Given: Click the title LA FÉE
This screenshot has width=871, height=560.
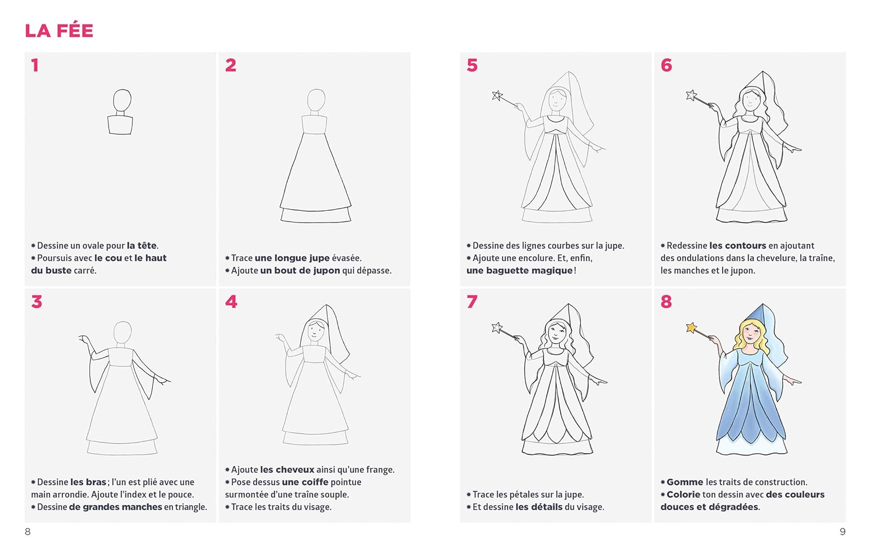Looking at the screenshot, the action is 59,31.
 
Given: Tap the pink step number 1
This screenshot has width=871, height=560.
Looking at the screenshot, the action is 35,65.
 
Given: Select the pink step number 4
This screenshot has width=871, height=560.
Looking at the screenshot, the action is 231,301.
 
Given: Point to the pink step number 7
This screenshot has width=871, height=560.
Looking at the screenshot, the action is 472,301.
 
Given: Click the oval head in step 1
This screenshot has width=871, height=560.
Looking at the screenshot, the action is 122,100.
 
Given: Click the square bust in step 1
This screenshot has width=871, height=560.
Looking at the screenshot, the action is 120,125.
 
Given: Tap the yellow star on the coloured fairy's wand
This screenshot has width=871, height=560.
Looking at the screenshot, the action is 692,328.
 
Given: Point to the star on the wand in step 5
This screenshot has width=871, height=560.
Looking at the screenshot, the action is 497,95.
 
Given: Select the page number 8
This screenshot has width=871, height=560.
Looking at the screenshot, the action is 28,532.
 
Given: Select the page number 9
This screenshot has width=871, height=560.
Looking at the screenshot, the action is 843,532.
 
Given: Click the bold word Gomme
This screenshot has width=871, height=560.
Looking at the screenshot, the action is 685,482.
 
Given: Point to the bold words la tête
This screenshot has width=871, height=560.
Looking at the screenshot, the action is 142,246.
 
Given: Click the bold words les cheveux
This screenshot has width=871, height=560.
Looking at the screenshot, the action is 287,470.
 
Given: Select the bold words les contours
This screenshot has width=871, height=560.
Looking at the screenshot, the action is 737,246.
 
